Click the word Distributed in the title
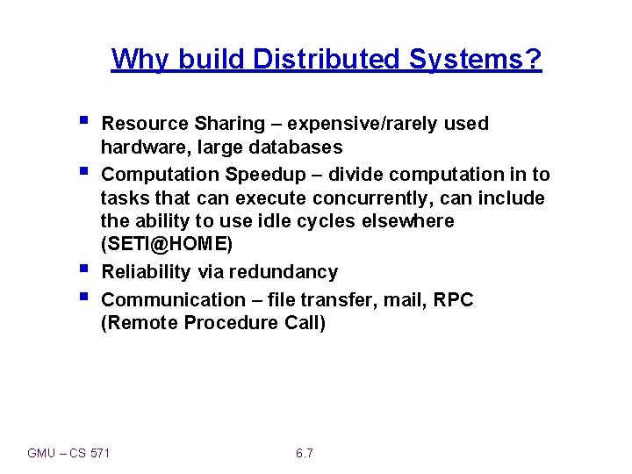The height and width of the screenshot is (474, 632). [x=327, y=60]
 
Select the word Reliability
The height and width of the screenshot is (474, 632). [x=146, y=272]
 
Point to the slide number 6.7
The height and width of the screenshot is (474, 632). [x=305, y=453]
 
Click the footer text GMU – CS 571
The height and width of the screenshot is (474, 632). [x=68, y=453]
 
